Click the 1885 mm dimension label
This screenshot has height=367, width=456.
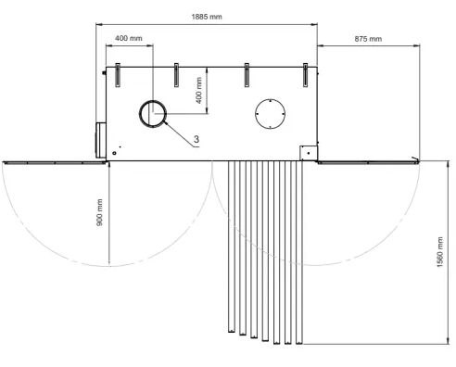coord(207,17)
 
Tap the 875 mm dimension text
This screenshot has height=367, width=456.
coord(368,39)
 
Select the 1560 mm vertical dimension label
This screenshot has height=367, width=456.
coord(440,252)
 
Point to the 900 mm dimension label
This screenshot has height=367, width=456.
coord(99,212)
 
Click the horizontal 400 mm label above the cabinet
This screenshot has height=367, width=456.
coord(129,38)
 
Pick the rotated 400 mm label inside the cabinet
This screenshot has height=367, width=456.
coord(199,90)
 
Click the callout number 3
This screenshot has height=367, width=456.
coord(196,139)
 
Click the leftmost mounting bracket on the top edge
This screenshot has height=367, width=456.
coord(118,75)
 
